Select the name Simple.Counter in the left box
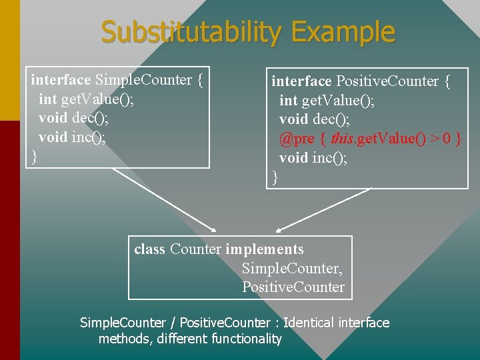point(143,80)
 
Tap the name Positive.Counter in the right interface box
point(387,81)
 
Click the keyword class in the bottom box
point(149,249)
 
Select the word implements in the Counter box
point(265,249)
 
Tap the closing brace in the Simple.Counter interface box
point(34,157)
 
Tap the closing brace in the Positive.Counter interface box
point(275,177)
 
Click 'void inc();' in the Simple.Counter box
point(73,137)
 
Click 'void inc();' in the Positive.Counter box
point(313,158)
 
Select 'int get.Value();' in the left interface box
point(87,99)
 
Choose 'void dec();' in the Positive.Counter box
point(313,119)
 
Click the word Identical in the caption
point(309,323)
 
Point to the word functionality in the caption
point(246,339)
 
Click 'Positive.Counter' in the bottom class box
point(293,287)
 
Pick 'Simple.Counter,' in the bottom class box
point(292,268)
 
